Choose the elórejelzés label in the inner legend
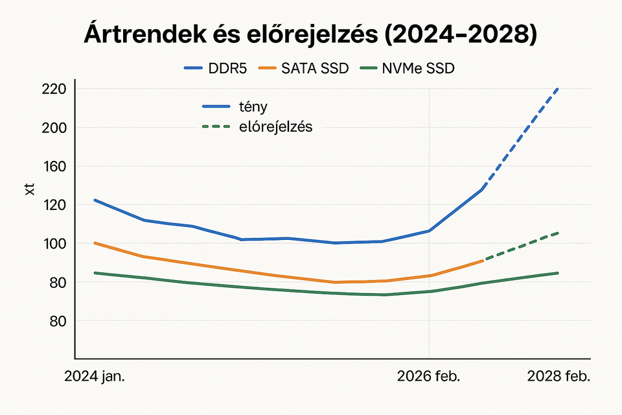[276, 127]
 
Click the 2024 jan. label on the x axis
[95, 377]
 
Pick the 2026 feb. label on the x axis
[428, 377]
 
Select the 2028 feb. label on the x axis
[559, 377]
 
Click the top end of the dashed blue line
[558, 89]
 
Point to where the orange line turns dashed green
[483, 260]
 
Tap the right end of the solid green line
[558, 273]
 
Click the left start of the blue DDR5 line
[95, 200]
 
